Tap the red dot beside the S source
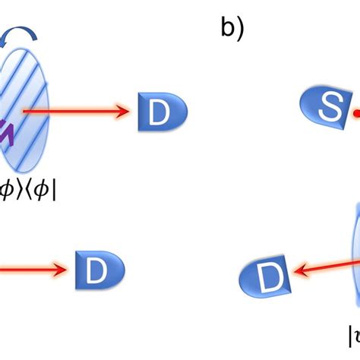point(355,115)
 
